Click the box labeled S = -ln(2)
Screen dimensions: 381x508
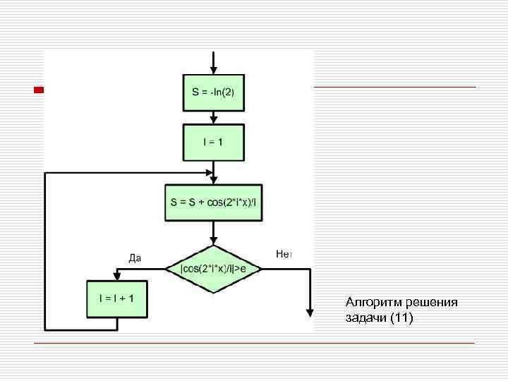(x=212, y=92)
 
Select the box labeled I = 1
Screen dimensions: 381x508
(x=212, y=142)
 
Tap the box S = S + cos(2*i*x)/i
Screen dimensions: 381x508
(x=213, y=202)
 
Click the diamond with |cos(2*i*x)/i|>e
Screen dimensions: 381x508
(x=213, y=269)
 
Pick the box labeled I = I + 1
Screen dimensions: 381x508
(x=117, y=298)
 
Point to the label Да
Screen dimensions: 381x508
(x=135, y=258)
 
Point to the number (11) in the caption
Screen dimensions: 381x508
(x=401, y=318)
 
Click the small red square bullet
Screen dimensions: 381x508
(x=39, y=90)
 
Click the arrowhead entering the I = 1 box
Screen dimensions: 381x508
(x=213, y=121)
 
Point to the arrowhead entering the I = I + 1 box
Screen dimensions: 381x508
(x=117, y=277)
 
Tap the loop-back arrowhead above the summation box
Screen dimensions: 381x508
(x=209, y=172)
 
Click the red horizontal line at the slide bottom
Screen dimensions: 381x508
(x=254, y=343)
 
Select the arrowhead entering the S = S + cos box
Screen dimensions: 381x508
(x=213, y=181)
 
